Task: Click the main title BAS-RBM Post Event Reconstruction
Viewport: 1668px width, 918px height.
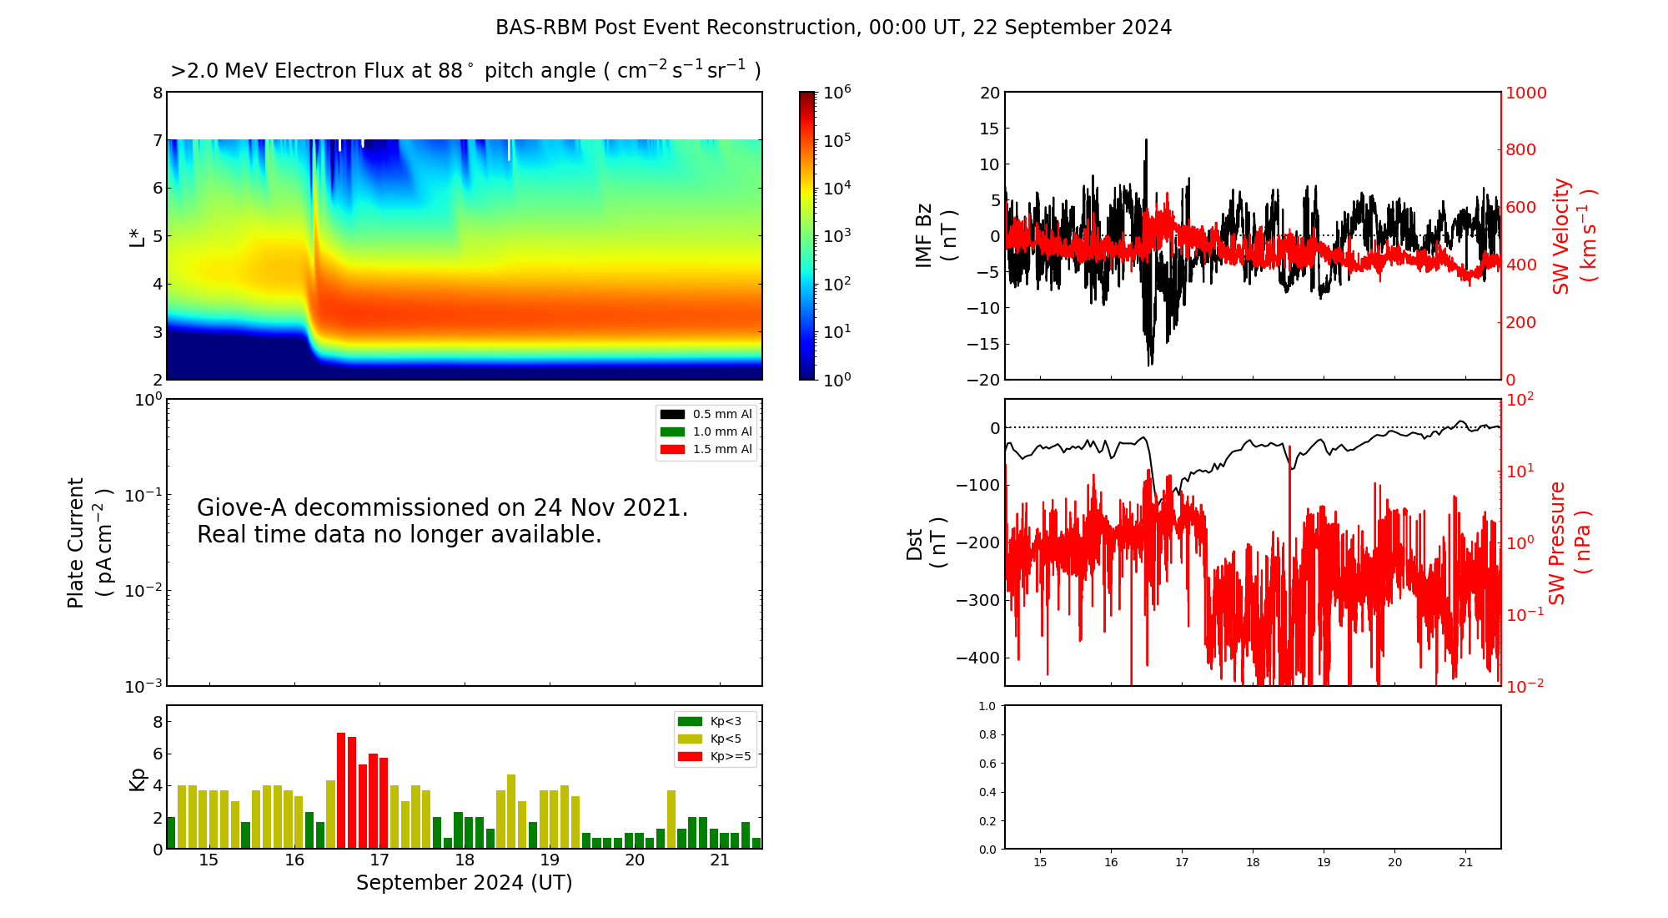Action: [x=833, y=28]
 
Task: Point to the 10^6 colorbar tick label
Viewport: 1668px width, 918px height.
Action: [x=837, y=92]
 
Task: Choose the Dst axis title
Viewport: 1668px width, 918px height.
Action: [x=926, y=542]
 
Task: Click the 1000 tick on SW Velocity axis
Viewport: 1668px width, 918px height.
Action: [x=1525, y=93]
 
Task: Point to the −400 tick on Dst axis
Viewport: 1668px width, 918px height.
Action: [x=977, y=658]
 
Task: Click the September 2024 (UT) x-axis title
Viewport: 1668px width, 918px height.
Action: [x=464, y=883]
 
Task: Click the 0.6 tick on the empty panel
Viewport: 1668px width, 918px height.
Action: [x=987, y=764]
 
